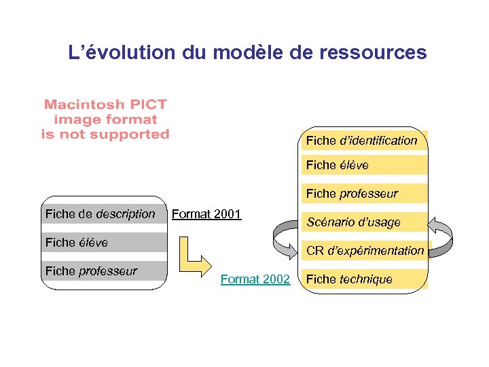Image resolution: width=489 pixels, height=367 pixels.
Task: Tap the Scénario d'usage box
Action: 364,222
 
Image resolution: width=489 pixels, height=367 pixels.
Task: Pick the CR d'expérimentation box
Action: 364,250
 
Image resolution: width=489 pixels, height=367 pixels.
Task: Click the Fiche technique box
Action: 364,279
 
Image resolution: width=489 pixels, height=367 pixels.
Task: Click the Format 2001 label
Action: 206,214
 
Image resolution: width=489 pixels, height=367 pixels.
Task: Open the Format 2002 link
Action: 255,279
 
